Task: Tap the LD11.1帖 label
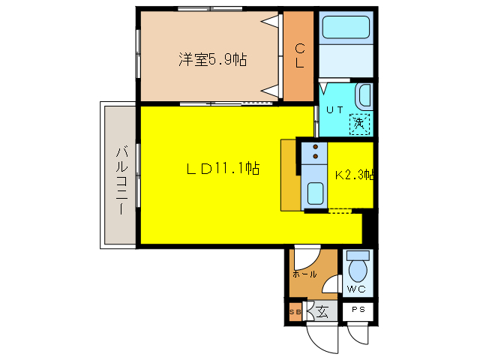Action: point(223,169)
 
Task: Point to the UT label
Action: point(334,109)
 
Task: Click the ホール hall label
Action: point(304,274)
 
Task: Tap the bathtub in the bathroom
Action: point(345,30)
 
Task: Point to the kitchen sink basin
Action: point(314,194)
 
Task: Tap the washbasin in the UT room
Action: point(364,96)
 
